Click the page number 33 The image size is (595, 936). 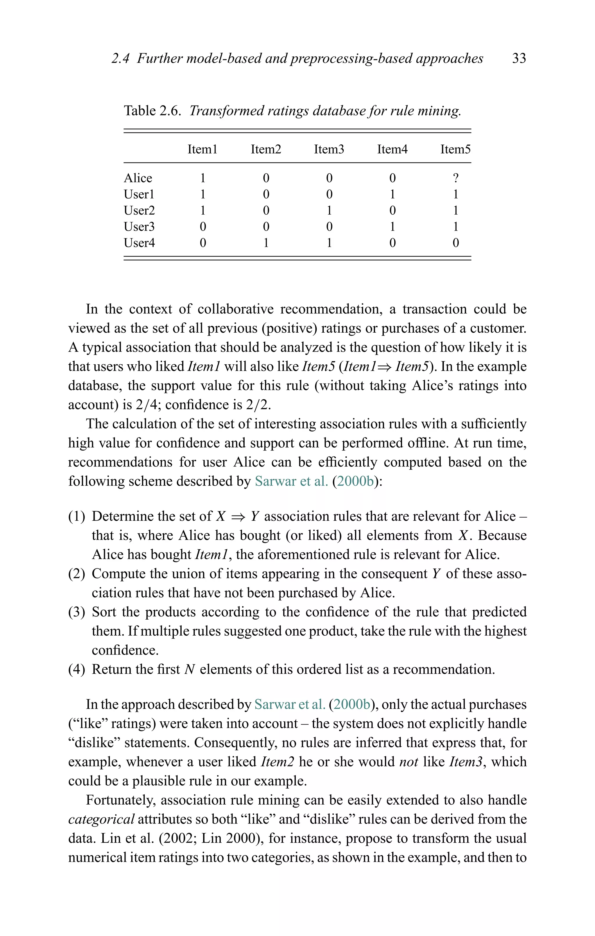[519, 58]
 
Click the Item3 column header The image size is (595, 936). [329, 149]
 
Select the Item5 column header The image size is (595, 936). [455, 149]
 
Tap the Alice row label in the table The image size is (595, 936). [138, 178]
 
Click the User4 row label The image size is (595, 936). [139, 243]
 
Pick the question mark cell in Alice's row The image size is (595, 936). [456, 178]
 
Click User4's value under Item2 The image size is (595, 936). [266, 243]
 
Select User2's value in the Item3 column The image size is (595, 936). [329, 211]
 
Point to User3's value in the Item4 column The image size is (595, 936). [392, 227]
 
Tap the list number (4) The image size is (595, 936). [76, 669]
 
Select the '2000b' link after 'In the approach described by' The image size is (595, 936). [352, 704]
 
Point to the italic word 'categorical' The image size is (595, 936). [101, 819]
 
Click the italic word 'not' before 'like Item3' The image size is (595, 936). [408, 762]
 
